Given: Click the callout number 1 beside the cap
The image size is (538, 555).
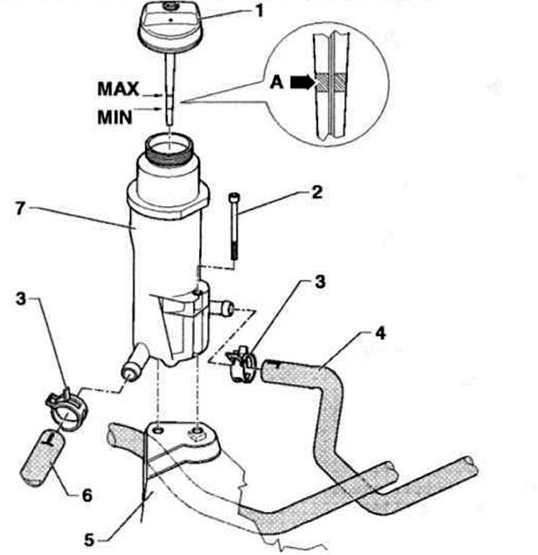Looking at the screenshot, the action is [259, 11].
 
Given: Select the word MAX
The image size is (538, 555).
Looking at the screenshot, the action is [118, 89].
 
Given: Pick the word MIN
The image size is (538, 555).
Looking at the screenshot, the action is [115, 117].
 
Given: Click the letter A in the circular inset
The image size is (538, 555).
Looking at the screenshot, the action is [277, 82].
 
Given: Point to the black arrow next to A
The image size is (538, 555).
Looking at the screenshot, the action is [302, 82].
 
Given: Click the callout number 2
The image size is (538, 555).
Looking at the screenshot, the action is [317, 193].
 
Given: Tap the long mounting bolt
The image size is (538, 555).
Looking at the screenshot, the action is [234, 227].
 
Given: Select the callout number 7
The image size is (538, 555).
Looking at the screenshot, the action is [20, 208].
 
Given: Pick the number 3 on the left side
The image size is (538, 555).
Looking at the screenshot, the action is [21, 299].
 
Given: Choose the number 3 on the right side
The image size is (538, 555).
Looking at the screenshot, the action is [319, 282].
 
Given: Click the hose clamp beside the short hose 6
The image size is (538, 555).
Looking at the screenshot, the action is [67, 409].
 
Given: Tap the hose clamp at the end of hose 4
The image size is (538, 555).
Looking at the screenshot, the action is [241, 364].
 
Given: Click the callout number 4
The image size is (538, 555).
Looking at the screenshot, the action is [380, 333].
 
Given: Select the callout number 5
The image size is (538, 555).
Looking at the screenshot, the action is [89, 541].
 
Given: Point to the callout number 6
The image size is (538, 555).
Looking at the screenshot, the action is [87, 496].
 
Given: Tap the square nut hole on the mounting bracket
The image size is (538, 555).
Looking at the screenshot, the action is [196, 432].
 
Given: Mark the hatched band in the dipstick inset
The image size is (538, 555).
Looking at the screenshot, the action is [331, 82].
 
